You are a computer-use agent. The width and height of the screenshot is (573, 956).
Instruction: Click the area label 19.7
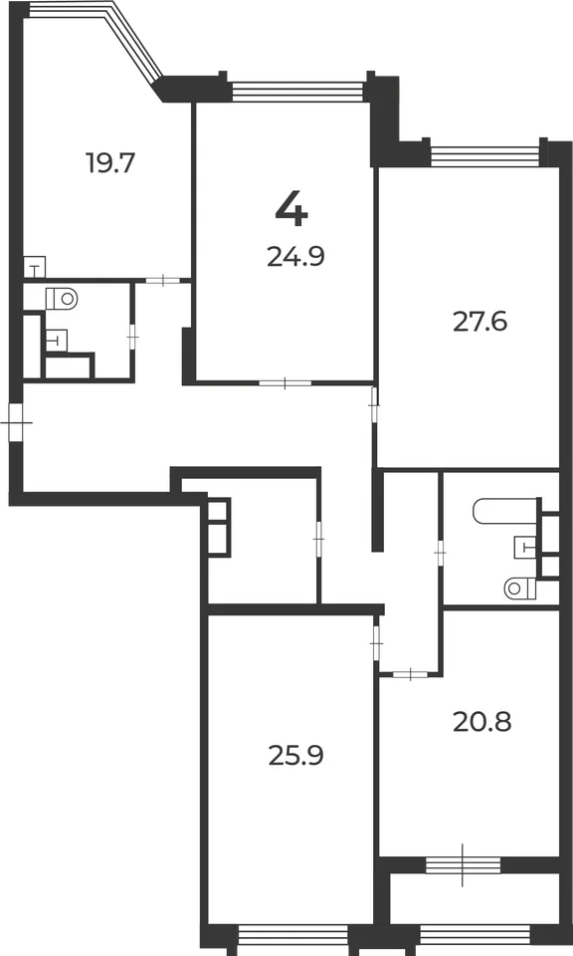(109, 163)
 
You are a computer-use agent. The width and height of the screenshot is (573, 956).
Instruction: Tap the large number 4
(291, 208)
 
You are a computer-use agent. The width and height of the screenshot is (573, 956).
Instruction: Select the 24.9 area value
(295, 257)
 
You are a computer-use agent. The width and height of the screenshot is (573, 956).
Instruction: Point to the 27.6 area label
(479, 322)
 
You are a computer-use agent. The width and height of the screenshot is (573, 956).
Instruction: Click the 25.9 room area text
(295, 756)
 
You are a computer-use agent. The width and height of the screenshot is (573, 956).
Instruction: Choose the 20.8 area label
(481, 722)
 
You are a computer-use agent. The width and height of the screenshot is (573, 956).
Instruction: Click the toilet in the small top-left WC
(62, 299)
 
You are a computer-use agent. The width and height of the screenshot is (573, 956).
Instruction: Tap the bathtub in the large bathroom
(506, 511)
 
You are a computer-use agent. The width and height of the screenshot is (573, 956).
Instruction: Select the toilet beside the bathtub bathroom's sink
(520, 589)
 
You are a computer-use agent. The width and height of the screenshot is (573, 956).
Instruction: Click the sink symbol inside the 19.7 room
(35, 267)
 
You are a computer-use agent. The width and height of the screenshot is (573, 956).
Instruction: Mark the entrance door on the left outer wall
(15, 422)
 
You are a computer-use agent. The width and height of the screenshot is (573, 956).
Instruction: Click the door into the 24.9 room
(285, 382)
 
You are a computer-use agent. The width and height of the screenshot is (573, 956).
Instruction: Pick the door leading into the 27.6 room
(374, 405)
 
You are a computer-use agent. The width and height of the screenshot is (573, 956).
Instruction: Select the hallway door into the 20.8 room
(411, 674)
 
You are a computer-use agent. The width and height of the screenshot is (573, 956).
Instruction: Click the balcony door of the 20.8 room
(463, 864)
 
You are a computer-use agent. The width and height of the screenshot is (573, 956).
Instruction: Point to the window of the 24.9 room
(299, 92)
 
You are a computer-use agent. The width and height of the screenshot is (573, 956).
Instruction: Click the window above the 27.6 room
(485, 156)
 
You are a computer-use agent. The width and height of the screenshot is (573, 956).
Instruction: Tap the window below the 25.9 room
(292, 935)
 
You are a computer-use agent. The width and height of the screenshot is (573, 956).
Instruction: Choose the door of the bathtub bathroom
(441, 552)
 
